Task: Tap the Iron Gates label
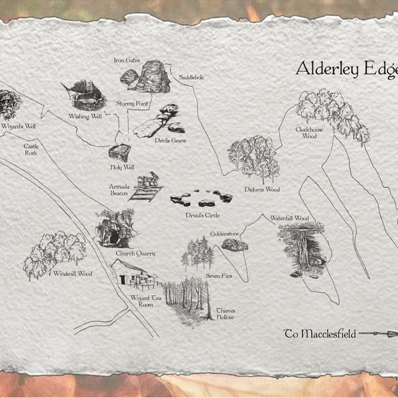tap(126, 60)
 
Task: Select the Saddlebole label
tap(192, 78)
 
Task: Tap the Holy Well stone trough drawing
tap(120, 153)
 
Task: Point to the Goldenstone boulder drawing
tap(235, 245)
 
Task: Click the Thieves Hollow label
tap(226, 314)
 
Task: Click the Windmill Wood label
tap(72, 273)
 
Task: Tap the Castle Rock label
tap(31, 149)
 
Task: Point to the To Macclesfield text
tap(320, 334)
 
